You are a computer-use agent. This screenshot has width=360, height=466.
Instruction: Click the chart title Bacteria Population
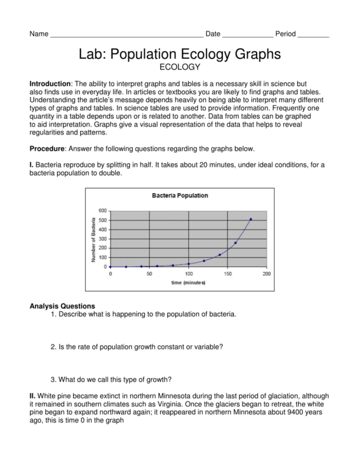coord(180,195)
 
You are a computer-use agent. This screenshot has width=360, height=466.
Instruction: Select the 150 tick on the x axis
coord(227,273)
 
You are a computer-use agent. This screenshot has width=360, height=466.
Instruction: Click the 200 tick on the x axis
coord(266,273)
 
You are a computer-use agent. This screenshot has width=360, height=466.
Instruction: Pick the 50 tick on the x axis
coord(149,273)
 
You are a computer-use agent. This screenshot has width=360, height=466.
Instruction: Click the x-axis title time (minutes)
coord(188,282)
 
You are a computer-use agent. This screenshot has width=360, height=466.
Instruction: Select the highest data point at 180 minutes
coord(251,219)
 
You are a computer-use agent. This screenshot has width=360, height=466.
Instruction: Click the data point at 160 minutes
coord(235,243)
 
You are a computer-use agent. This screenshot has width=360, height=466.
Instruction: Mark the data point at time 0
coord(110,267)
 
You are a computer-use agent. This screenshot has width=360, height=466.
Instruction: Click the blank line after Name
coord(127,35)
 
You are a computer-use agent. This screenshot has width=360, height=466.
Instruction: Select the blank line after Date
coord(247,35)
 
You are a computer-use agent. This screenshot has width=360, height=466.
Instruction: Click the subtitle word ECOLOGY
coord(180,66)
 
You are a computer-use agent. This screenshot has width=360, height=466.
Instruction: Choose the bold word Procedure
coord(47,148)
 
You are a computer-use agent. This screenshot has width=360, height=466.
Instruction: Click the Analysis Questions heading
coord(62,306)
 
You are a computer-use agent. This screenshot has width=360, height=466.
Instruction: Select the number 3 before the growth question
coord(53,380)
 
